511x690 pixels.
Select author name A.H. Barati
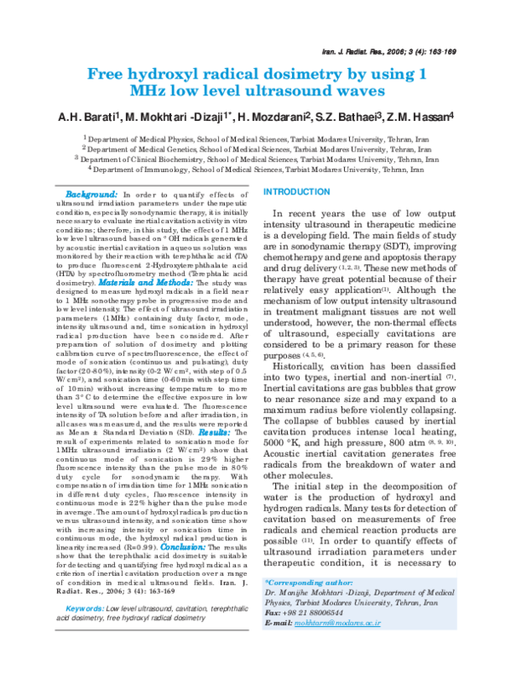[91, 117]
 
